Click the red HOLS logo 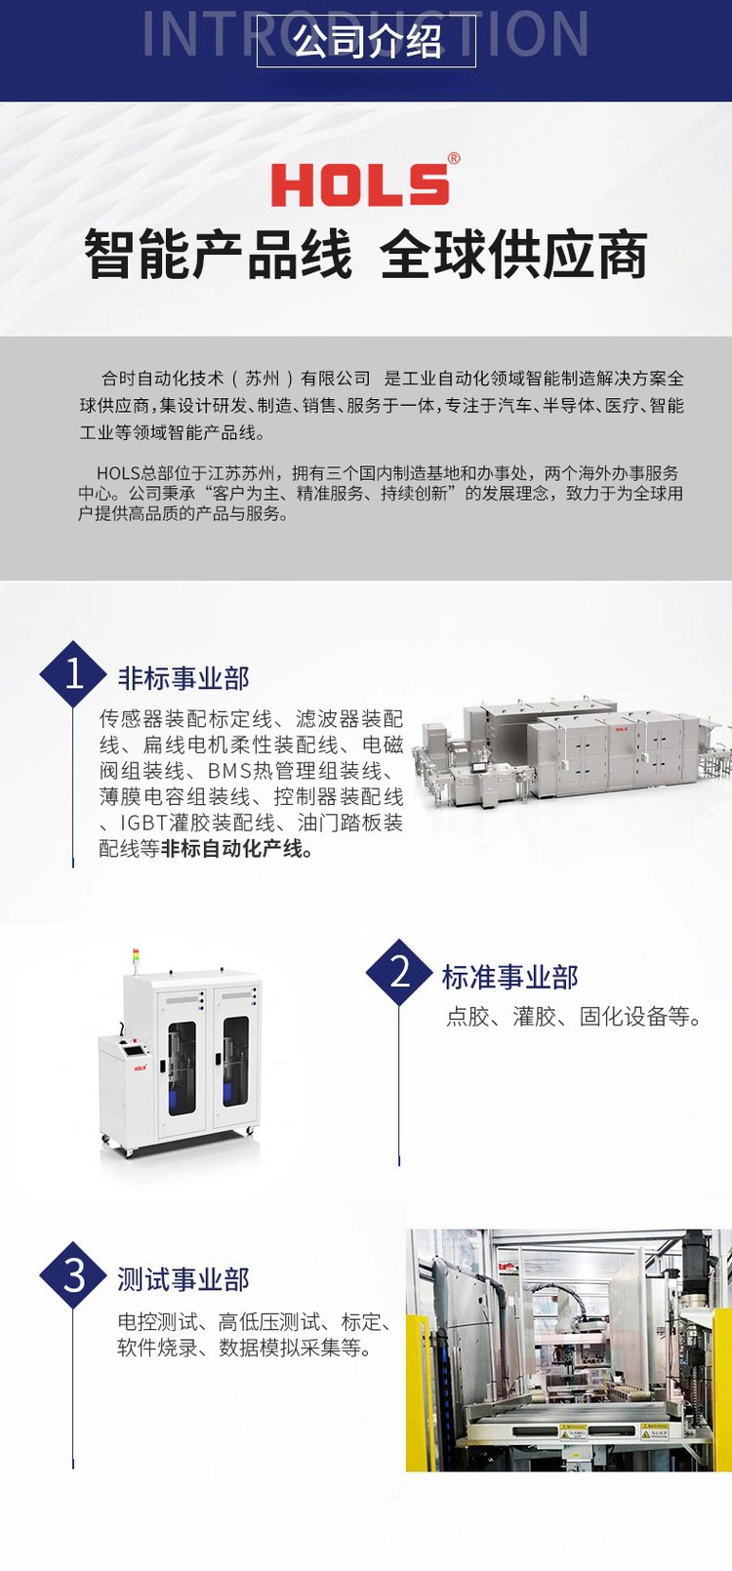[360, 184]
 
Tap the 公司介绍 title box [366, 41]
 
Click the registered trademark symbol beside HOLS [454, 158]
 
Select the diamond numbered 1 [74, 674]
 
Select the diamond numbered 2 [399, 972]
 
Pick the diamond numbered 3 [74, 1275]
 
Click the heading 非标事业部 [183, 678]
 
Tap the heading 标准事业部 [510, 977]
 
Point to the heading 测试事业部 [183, 1280]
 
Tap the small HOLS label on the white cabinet [141, 1067]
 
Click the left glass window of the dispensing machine [182, 1068]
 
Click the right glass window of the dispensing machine [235, 1062]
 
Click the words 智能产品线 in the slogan [219, 255]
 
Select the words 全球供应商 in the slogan [513, 255]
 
